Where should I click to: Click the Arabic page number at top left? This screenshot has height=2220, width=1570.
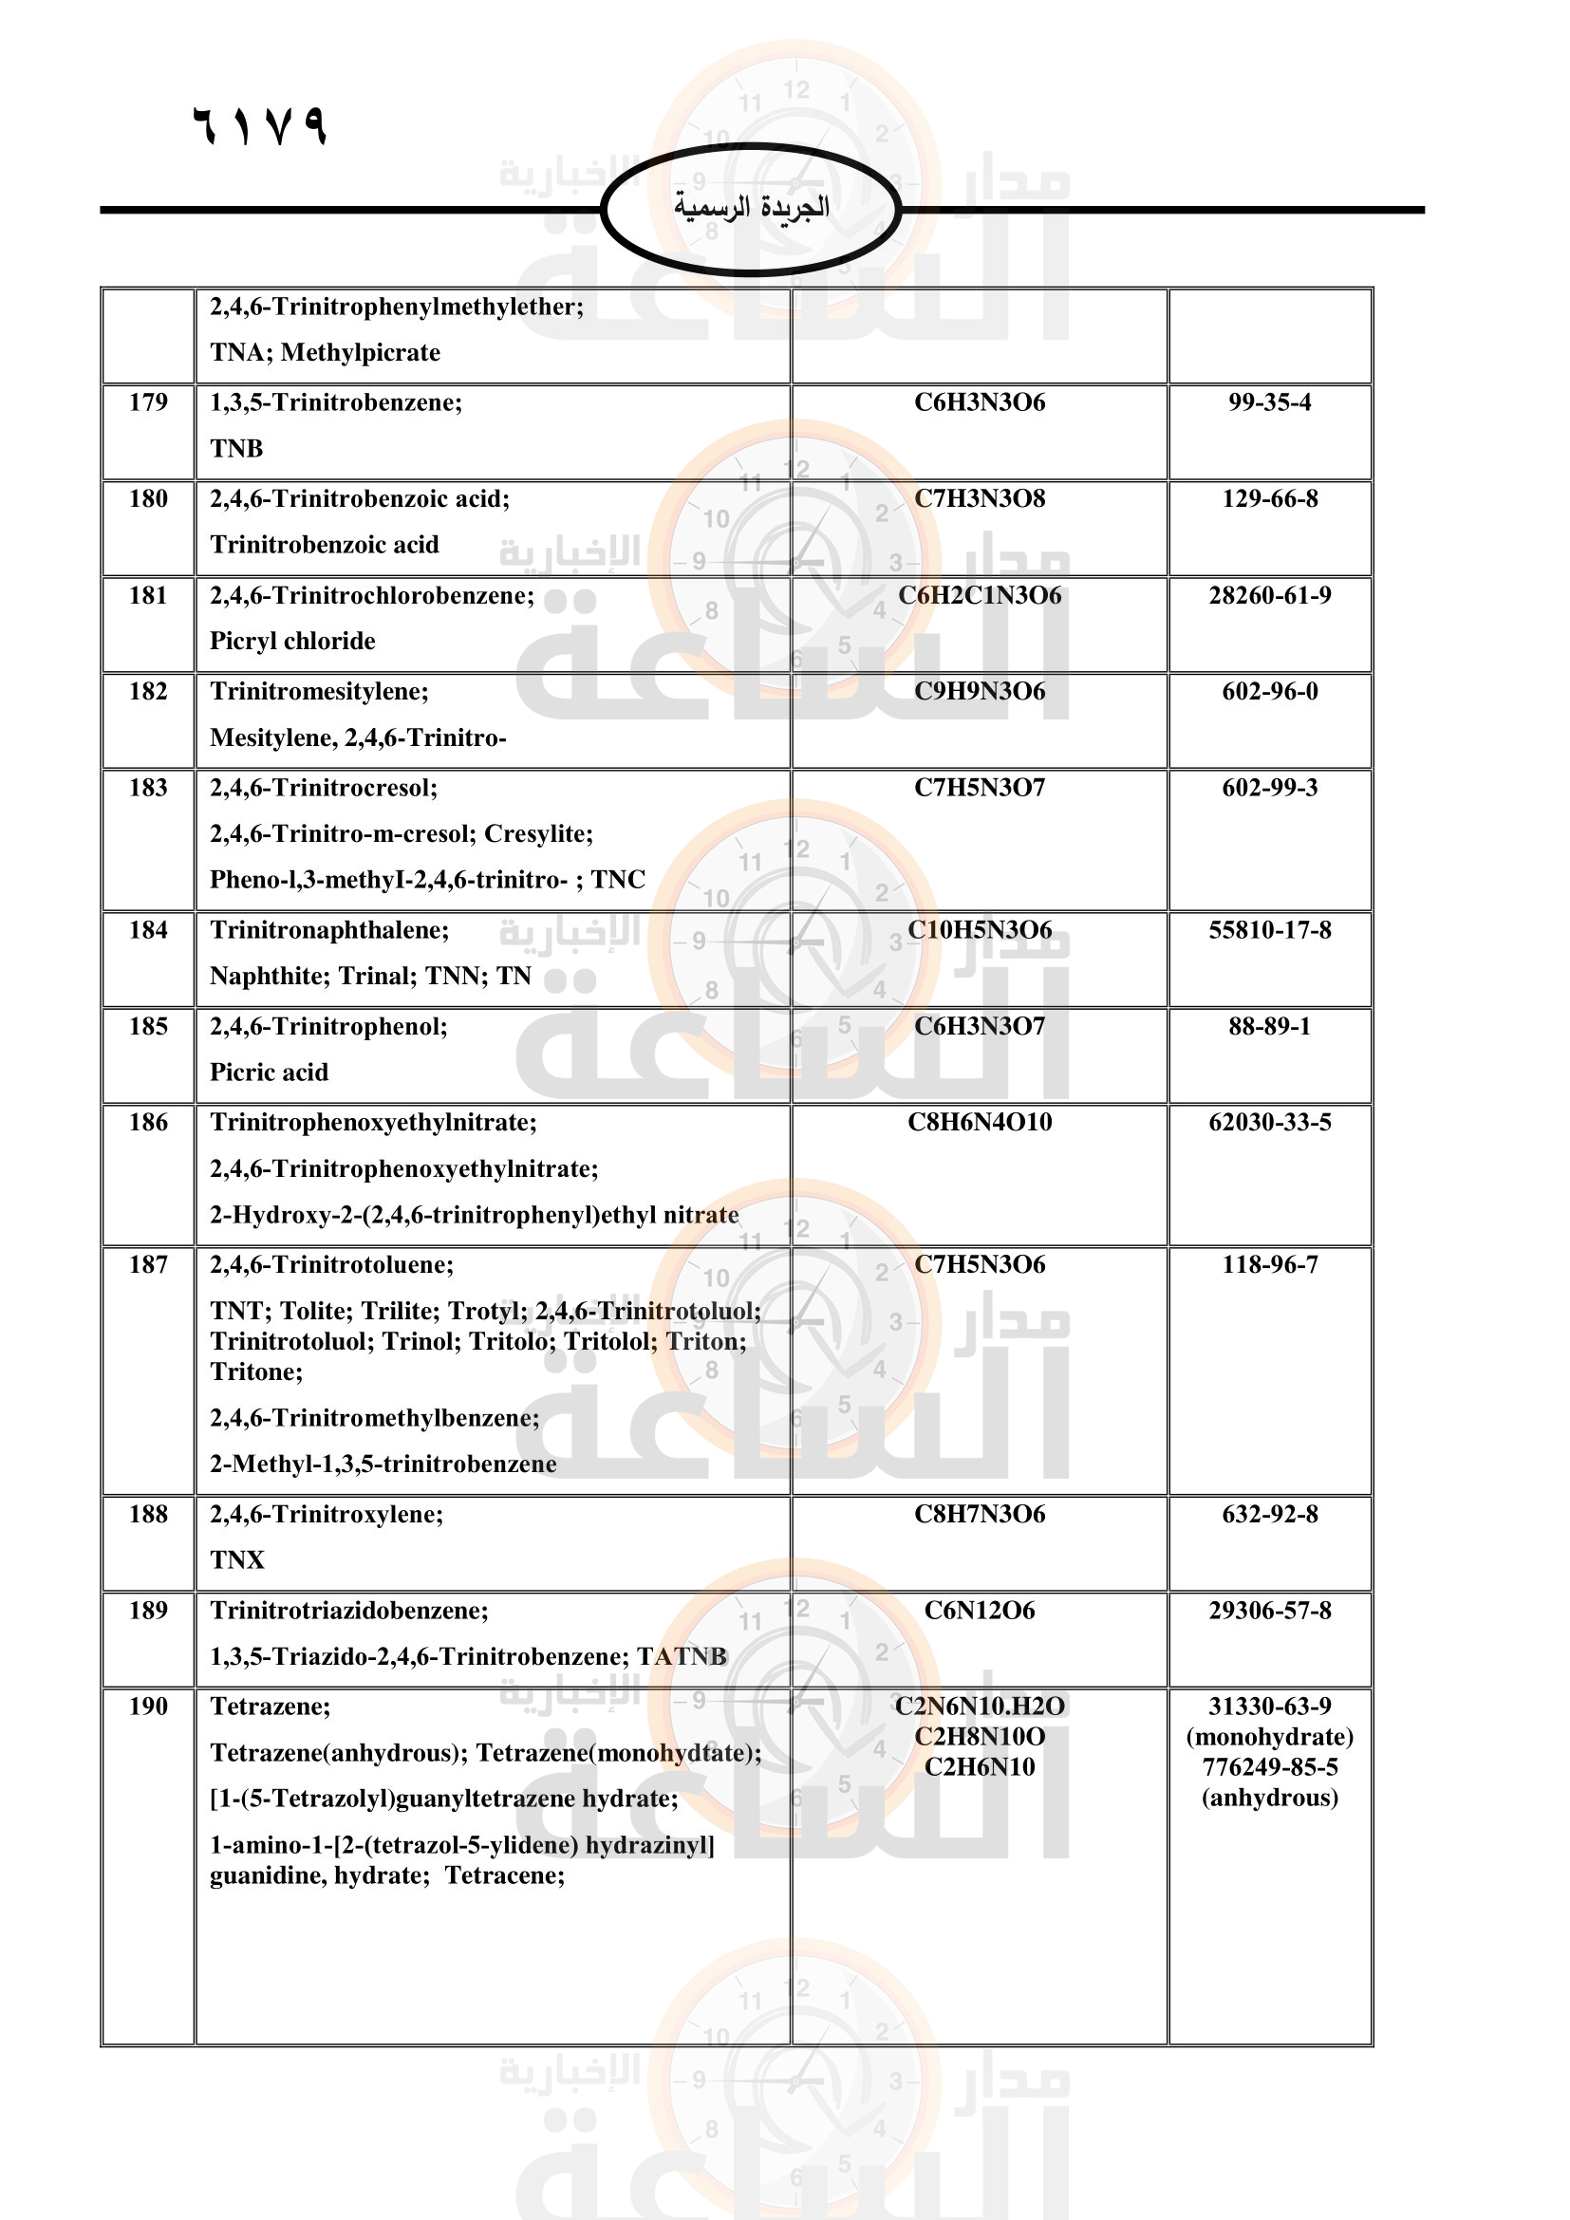coord(260,125)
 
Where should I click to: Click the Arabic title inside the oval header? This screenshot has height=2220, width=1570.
coord(751,207)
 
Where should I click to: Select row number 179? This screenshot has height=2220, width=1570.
coord(148,402)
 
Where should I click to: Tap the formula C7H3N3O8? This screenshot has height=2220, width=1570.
coord(980,499)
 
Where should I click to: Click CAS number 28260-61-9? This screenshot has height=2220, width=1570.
coord(1269,596)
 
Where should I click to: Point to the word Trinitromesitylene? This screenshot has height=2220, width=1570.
coord(317,691)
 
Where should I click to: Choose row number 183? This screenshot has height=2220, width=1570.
coord(148,788)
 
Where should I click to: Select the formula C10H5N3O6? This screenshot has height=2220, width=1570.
coord(980,930)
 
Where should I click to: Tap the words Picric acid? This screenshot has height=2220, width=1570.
coord(269,1073)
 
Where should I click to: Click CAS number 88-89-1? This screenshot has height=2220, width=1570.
coord(1269,1027)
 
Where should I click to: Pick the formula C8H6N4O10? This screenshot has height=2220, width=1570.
coord(980,1123)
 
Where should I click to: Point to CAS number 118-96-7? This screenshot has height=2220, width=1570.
coord(1269,1264)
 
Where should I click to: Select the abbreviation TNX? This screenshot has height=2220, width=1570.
coord(237,1560)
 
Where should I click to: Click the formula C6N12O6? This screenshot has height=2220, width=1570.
coord(980,1611)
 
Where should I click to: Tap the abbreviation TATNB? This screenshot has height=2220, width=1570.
coord(682,1657)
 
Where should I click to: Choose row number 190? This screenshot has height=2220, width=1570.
coord(148,1707)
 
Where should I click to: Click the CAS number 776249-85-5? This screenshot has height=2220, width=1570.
coord(1269,1767)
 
